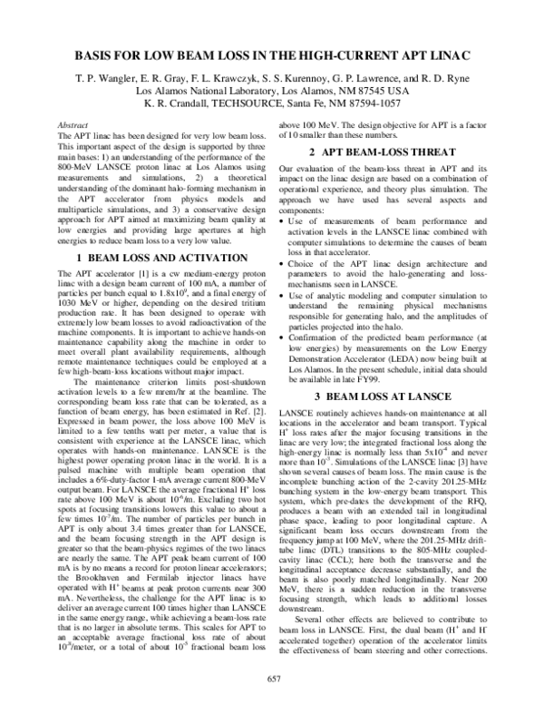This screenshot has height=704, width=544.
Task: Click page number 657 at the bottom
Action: [272, 679]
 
